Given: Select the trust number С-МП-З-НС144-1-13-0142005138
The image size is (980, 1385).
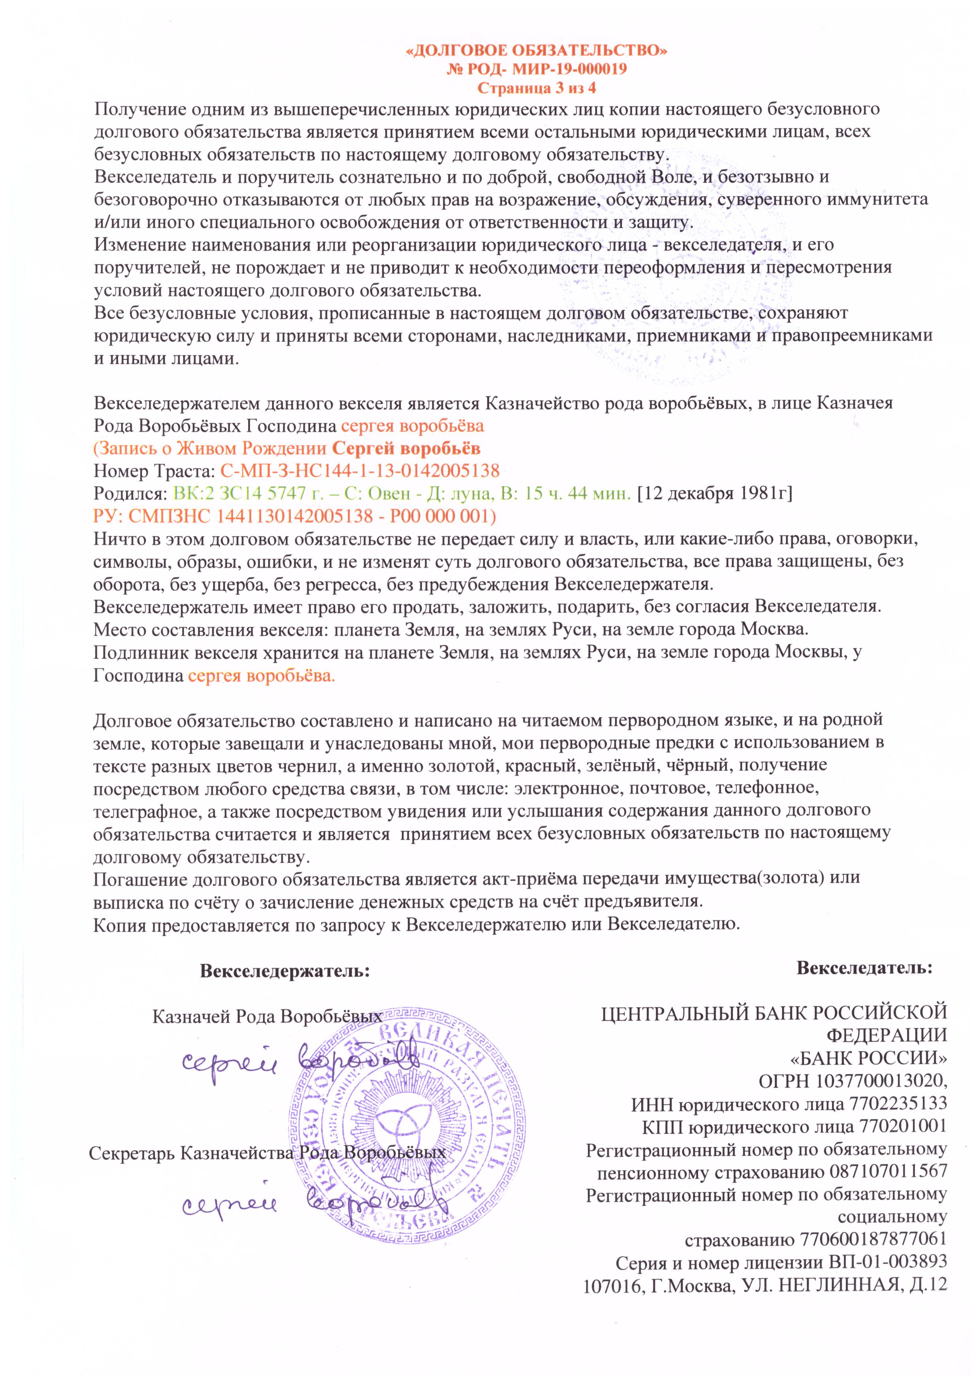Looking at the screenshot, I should [360, 470].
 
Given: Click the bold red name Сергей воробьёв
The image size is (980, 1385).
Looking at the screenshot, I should [407, 448].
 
